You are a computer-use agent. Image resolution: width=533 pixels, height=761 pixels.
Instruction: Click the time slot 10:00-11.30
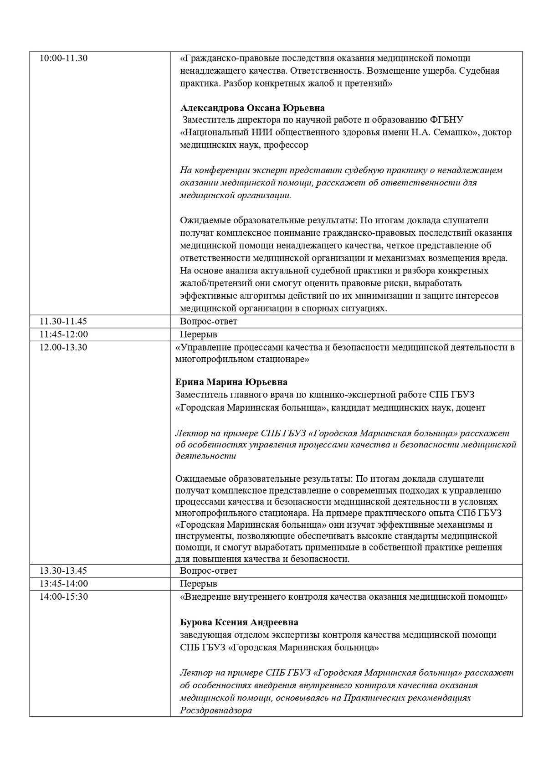64,58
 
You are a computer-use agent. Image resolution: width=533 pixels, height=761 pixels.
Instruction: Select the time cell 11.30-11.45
63,321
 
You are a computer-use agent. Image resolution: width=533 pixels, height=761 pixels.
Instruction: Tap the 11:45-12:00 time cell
64,334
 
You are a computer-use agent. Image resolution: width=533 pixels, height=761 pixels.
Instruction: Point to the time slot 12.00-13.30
63,347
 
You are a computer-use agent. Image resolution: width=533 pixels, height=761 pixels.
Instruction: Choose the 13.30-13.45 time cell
63,571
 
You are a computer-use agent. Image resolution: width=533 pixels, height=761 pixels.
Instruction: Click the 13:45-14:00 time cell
64,583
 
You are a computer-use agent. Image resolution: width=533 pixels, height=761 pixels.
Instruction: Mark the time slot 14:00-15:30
64,596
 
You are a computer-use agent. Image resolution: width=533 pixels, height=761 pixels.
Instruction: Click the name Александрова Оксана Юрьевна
252,108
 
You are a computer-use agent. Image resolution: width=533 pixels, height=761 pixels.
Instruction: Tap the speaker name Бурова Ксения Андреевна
239,622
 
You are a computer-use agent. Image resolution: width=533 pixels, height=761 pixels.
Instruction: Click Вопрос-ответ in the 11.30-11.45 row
208,321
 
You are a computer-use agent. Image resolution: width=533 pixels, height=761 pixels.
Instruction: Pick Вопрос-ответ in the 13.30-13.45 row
208,571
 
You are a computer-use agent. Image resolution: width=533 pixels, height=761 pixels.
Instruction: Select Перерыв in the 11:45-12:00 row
198,334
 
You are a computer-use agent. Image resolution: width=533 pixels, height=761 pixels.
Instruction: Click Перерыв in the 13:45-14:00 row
198,583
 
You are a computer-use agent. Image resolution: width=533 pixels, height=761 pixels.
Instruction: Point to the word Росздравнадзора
216,710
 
